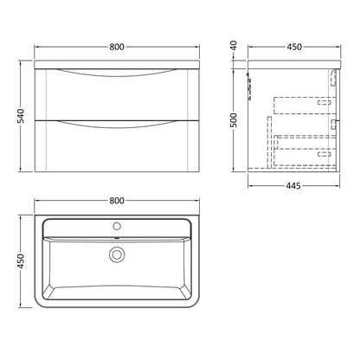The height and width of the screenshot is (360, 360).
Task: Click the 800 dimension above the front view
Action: tap(117, 47)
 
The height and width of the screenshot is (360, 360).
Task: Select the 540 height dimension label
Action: tap(21, 116)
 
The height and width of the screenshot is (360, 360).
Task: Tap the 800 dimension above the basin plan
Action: tap(117, 201)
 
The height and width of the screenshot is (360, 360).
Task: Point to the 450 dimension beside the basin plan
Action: tap(21, 261)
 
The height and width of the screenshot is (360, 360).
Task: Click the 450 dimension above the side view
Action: tap(294, 47)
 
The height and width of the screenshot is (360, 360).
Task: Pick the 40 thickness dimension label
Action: tap(234, 46)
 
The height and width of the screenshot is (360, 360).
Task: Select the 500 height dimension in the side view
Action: tap(234, 120)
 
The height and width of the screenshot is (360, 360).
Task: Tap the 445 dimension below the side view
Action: tap(293, 186)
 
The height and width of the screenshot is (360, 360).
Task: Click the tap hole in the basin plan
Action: tap(117, 226)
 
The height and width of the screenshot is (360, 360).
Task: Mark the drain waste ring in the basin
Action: tap(117, 254)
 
